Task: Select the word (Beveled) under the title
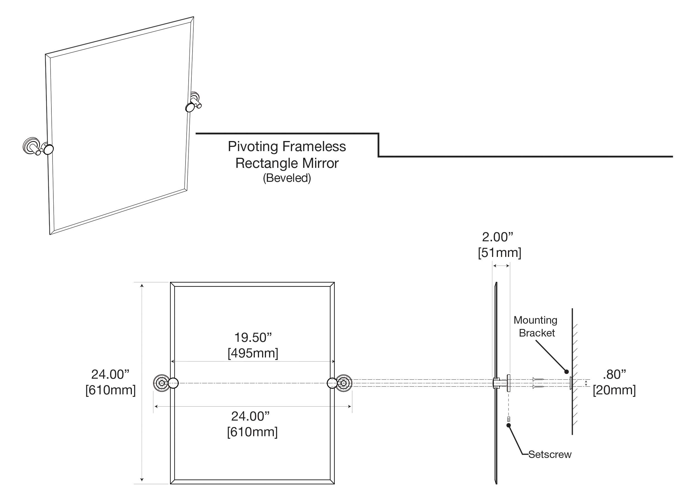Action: click(x=287, y=178)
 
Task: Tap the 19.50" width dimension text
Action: click(x=253, y=337)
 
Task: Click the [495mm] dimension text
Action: click(x=253, y=353)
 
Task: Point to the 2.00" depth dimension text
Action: click(x=497, y=237)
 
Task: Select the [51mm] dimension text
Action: click(x=499, y=253)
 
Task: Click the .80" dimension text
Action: click(x=614, y=374)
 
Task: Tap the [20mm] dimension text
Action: click(x=614, y=390)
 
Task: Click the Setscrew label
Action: click(x=550, y=454)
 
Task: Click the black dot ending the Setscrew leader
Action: click(x=509, y=425)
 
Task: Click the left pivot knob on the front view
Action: click(x=174, y=383)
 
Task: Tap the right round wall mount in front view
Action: click(x=344, y=383)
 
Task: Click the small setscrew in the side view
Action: click(x=509, y=418)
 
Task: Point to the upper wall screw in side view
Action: click(x=538, y=380)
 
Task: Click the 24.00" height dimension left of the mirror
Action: click(x=110, y=374)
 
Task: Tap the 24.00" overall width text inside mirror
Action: click(x=250, y=416)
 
